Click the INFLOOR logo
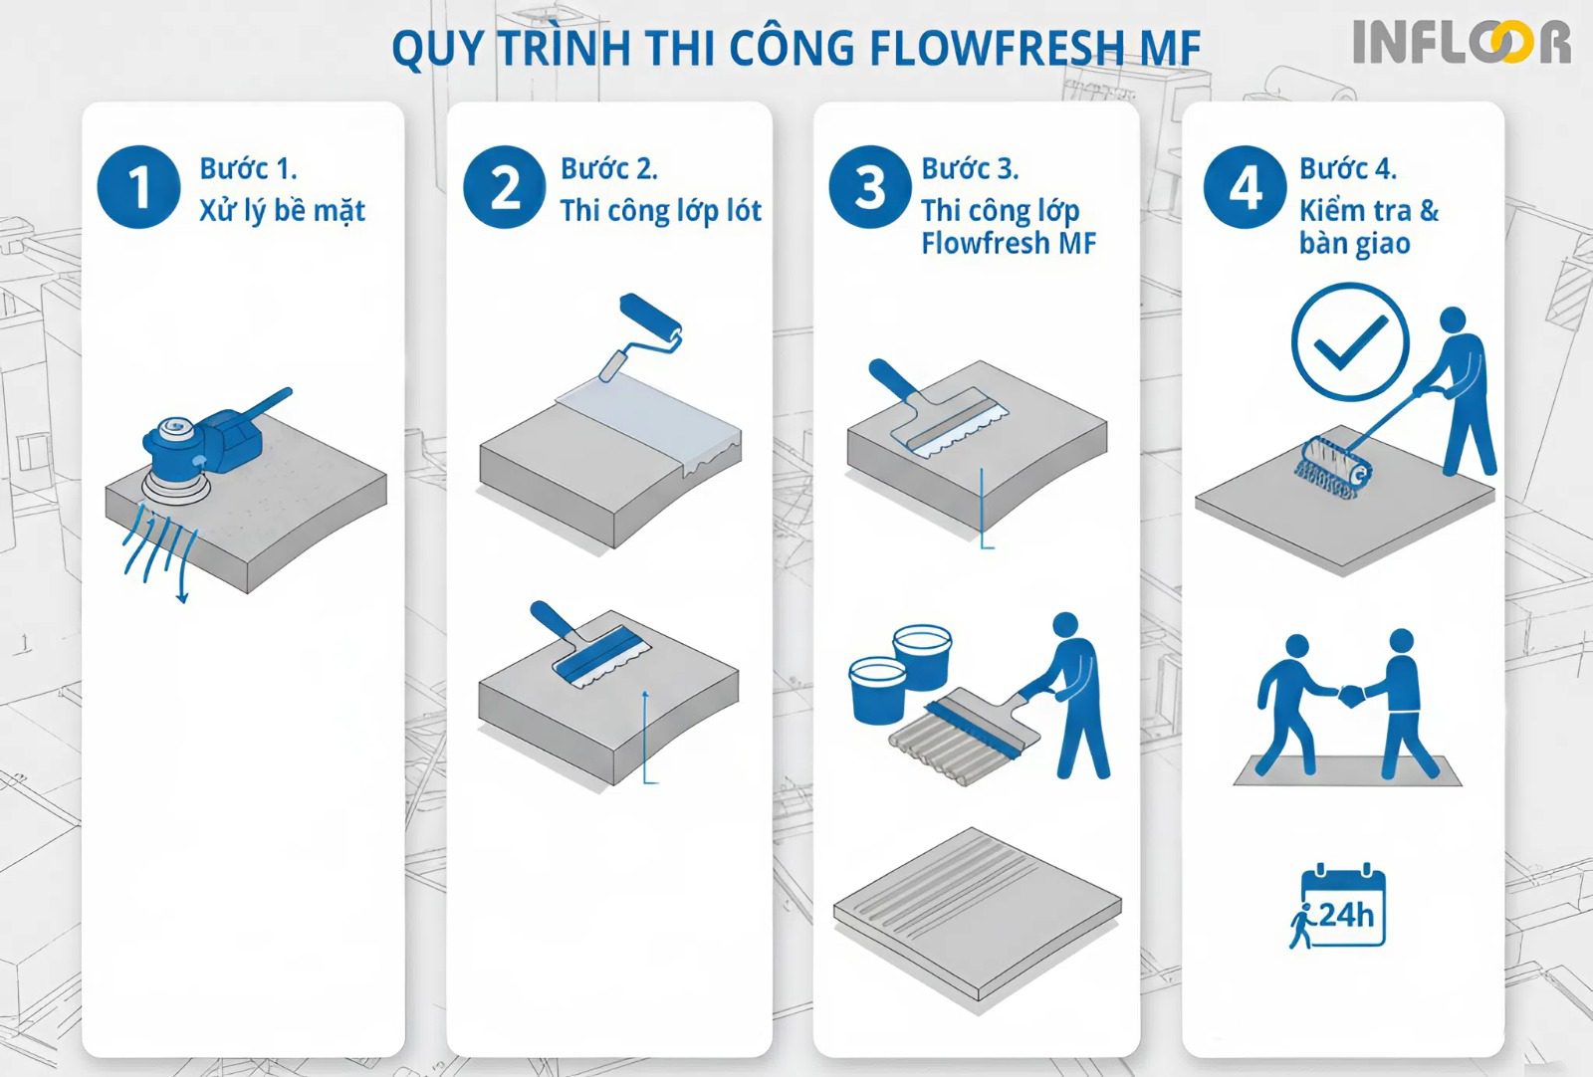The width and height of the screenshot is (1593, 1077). click(1461, 42)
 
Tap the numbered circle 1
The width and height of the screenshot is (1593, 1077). click(138, 187)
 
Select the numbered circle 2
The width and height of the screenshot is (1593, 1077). click(505, 187)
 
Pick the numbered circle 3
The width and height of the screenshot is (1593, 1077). click(870, 187)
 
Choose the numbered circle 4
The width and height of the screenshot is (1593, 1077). click(1245, 187)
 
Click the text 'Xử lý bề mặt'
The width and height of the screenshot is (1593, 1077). click(282, 211)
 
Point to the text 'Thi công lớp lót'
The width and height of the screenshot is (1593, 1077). click(660, 211)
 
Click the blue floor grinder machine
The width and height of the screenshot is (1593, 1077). click(204, 443)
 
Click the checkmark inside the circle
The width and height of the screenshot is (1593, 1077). click(1350, 341)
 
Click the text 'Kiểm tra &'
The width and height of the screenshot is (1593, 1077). click(1368, 211)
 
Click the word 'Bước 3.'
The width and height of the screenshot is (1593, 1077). click(969, 168)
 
